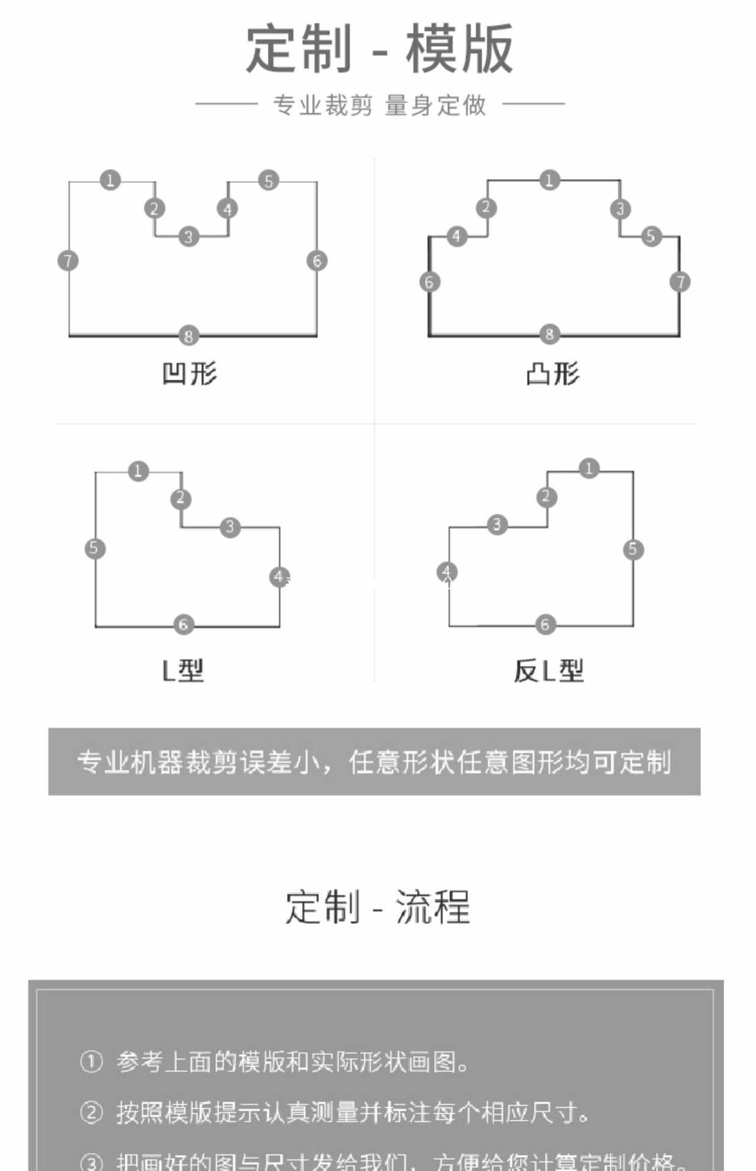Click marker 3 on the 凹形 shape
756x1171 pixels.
pyautogui.click(x=188, y=237)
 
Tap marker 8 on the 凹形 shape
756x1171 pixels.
pyautogui.click(x=188, y=335)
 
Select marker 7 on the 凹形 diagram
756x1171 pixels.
pyautogui.click(x=68, y=261)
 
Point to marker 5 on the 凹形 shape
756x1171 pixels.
pyautogui.click(x=268, y=181)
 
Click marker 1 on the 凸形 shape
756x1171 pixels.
pyautogui.click(x=549, y=180)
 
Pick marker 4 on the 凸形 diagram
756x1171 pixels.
pyautogui.click(x=457, y=236)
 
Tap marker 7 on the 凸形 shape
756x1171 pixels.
pyautogui.click(x=680, y=282)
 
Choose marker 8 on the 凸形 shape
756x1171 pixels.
pyautogui.click(x=549, y=334)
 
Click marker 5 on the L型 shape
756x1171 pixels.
pyautogui.click(x=94, y=548)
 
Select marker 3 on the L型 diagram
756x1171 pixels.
pyautogui.click(x=230, y=527)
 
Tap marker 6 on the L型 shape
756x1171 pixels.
pyautogui.click(x=184, y=625)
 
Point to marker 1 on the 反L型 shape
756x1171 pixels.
pyautogui.click(x=589, y=468)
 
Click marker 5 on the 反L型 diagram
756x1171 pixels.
pyautogui.click(x=633, y=550)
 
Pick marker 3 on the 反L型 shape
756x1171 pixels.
pyautogui.click(x=497, y=525)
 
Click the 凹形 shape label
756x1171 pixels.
pyautogui.click(x=190, y=373)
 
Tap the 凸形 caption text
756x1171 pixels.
pyautogui.click(x=552, y=373)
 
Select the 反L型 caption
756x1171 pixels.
pyautogui.click(x=549, y=671)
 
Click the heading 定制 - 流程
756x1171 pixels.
pyautogui.click(x=377, y=907)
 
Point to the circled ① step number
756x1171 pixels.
pyautogui.click(x=91, y=1062)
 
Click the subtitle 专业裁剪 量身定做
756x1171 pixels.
pyautogui.click(x=379, y=105)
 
